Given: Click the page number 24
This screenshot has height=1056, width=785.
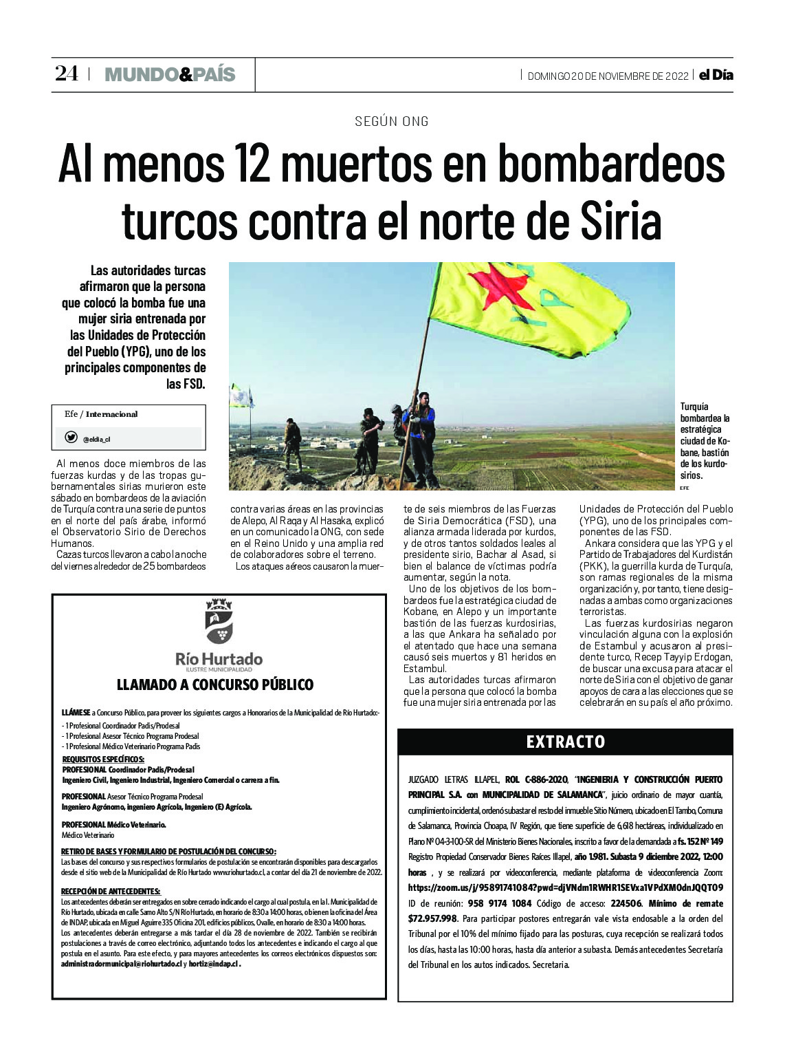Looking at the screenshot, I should (x=67, y=74).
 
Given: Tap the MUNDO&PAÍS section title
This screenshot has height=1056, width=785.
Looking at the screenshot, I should (x=170, y=74).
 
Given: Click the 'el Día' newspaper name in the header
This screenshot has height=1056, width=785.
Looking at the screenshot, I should (x=716, y=75).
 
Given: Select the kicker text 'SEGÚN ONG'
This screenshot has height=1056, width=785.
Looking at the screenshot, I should (x=392, y=122).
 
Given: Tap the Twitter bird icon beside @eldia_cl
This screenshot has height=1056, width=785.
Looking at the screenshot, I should (x=71, y=438).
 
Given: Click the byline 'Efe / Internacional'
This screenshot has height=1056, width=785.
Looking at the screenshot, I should (x=101, y=414).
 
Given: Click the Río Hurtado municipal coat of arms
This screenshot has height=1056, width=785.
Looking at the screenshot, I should (x=219, y=622).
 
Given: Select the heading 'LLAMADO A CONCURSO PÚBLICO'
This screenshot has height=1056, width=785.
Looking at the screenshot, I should (x=215, y=685).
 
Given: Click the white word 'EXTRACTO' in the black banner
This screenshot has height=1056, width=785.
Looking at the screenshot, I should (x=566, y=742).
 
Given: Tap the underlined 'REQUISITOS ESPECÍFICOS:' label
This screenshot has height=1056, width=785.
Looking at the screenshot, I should (x=103, y=759).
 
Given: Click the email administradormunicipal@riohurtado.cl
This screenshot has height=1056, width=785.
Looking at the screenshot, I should (x=121, y=964).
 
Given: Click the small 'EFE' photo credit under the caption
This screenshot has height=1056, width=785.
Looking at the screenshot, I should (x=684, y=488).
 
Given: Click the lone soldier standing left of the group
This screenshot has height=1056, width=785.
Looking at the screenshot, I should (x=293, y=442).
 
